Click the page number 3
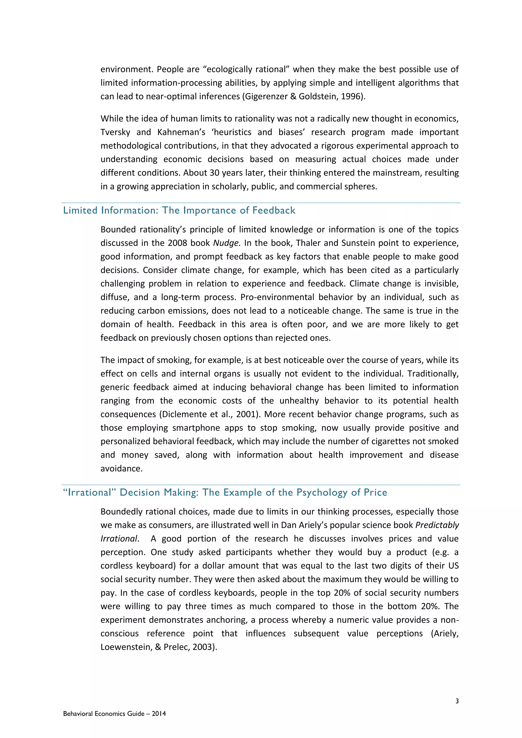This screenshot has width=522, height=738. [457, 701]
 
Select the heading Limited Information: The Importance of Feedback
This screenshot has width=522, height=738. [179, 210]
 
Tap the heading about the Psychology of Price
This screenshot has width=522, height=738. [225, 492]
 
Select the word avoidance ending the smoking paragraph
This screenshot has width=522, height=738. [121, 468]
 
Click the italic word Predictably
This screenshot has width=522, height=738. [437, 525]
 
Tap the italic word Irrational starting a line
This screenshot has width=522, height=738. [119, 539]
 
